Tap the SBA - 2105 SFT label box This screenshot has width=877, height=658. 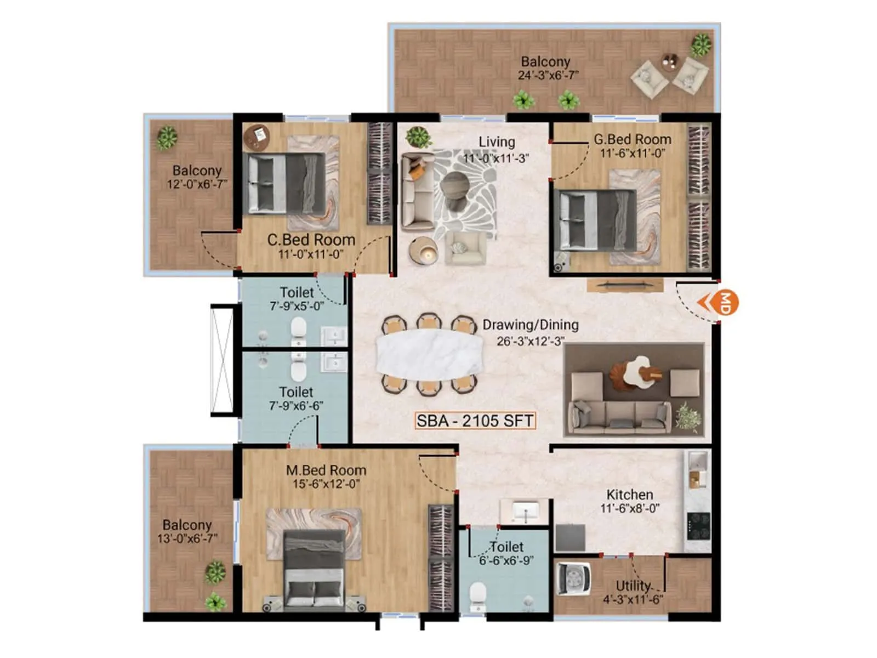[x=475, y=421]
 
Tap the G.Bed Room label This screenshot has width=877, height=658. [x=632, y=139]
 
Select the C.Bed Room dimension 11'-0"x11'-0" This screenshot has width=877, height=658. [x=310, y=254]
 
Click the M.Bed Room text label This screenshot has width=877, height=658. [x=326, y=470]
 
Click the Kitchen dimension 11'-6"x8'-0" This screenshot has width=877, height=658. [x=629, y=508]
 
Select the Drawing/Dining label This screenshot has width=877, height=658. [x=530, y=325]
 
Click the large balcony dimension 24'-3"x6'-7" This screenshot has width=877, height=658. [x=548, y=76]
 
